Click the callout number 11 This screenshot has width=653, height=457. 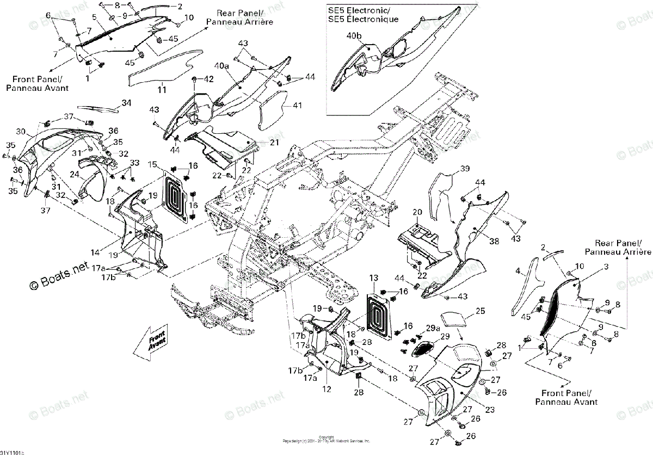coord(162,89)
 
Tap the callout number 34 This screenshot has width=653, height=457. coord(126,103)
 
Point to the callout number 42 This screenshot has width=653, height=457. coord(208,79)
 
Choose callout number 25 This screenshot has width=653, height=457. coord(479,311)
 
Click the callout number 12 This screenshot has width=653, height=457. coord(326,389)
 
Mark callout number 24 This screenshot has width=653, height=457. coord(74,175)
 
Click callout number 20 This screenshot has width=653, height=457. coord(417,212)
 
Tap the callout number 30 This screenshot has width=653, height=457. coord(21,132)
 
